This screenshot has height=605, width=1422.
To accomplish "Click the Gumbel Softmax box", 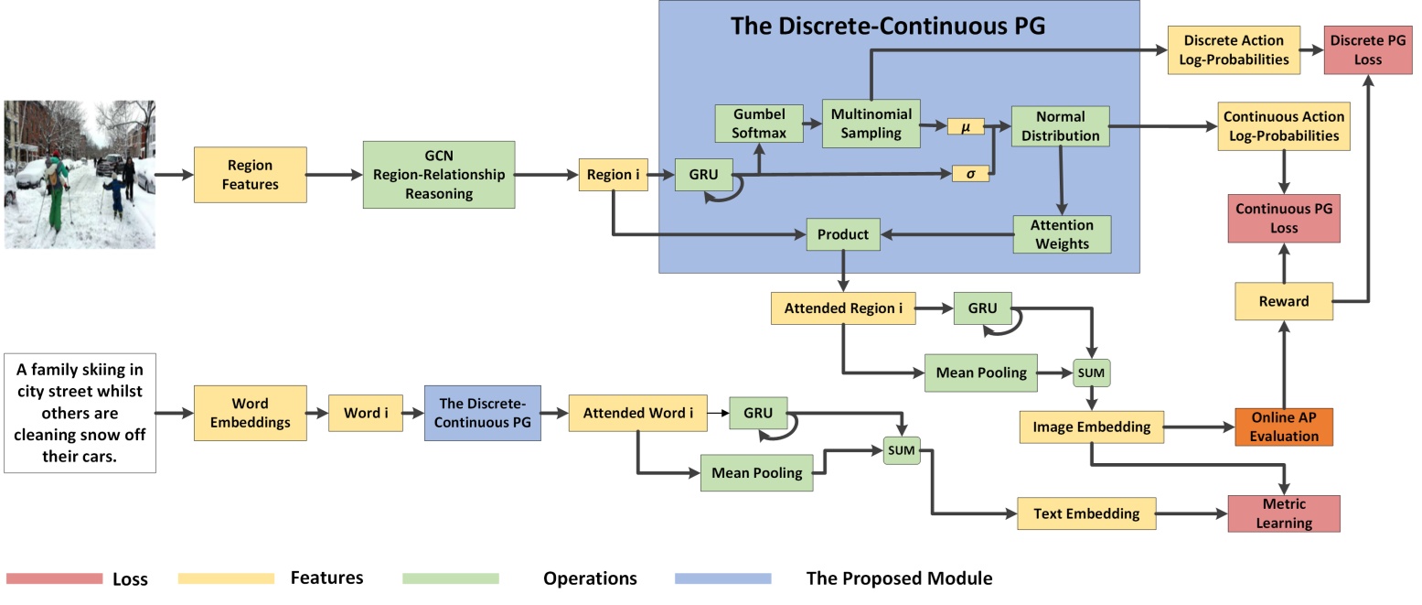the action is pos(759,124).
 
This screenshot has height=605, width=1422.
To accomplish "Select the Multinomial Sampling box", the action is pos(871,124).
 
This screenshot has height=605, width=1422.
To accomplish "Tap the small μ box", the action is pos(966,126).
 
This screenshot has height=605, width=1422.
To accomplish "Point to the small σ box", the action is pos(970,174).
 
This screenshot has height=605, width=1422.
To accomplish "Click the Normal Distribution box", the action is pos(1060,125).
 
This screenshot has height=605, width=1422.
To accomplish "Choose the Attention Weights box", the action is pos(1062,234).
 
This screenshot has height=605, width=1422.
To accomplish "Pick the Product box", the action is pos(843,234).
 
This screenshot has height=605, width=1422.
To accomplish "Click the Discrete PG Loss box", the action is pos(1368,50).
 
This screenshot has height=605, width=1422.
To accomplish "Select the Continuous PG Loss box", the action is pos(1284,219).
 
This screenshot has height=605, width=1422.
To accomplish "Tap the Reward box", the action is pos(1284,301).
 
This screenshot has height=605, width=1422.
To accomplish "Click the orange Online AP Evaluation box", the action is pos(1284,427).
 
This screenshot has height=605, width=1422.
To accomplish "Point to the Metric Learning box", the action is pos(1284,513).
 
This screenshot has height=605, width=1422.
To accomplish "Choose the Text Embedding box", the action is pos(1086,513).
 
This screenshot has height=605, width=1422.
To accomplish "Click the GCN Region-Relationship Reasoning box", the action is pos(439,175).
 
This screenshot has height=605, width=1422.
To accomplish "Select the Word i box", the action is pos(366,413).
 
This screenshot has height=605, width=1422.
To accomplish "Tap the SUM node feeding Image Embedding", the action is pos(1091,373).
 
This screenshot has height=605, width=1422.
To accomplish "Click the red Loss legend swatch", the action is pos(55,578).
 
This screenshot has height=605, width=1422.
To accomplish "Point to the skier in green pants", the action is pos(56,190).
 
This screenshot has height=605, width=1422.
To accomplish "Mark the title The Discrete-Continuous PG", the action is pos(887,26).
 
